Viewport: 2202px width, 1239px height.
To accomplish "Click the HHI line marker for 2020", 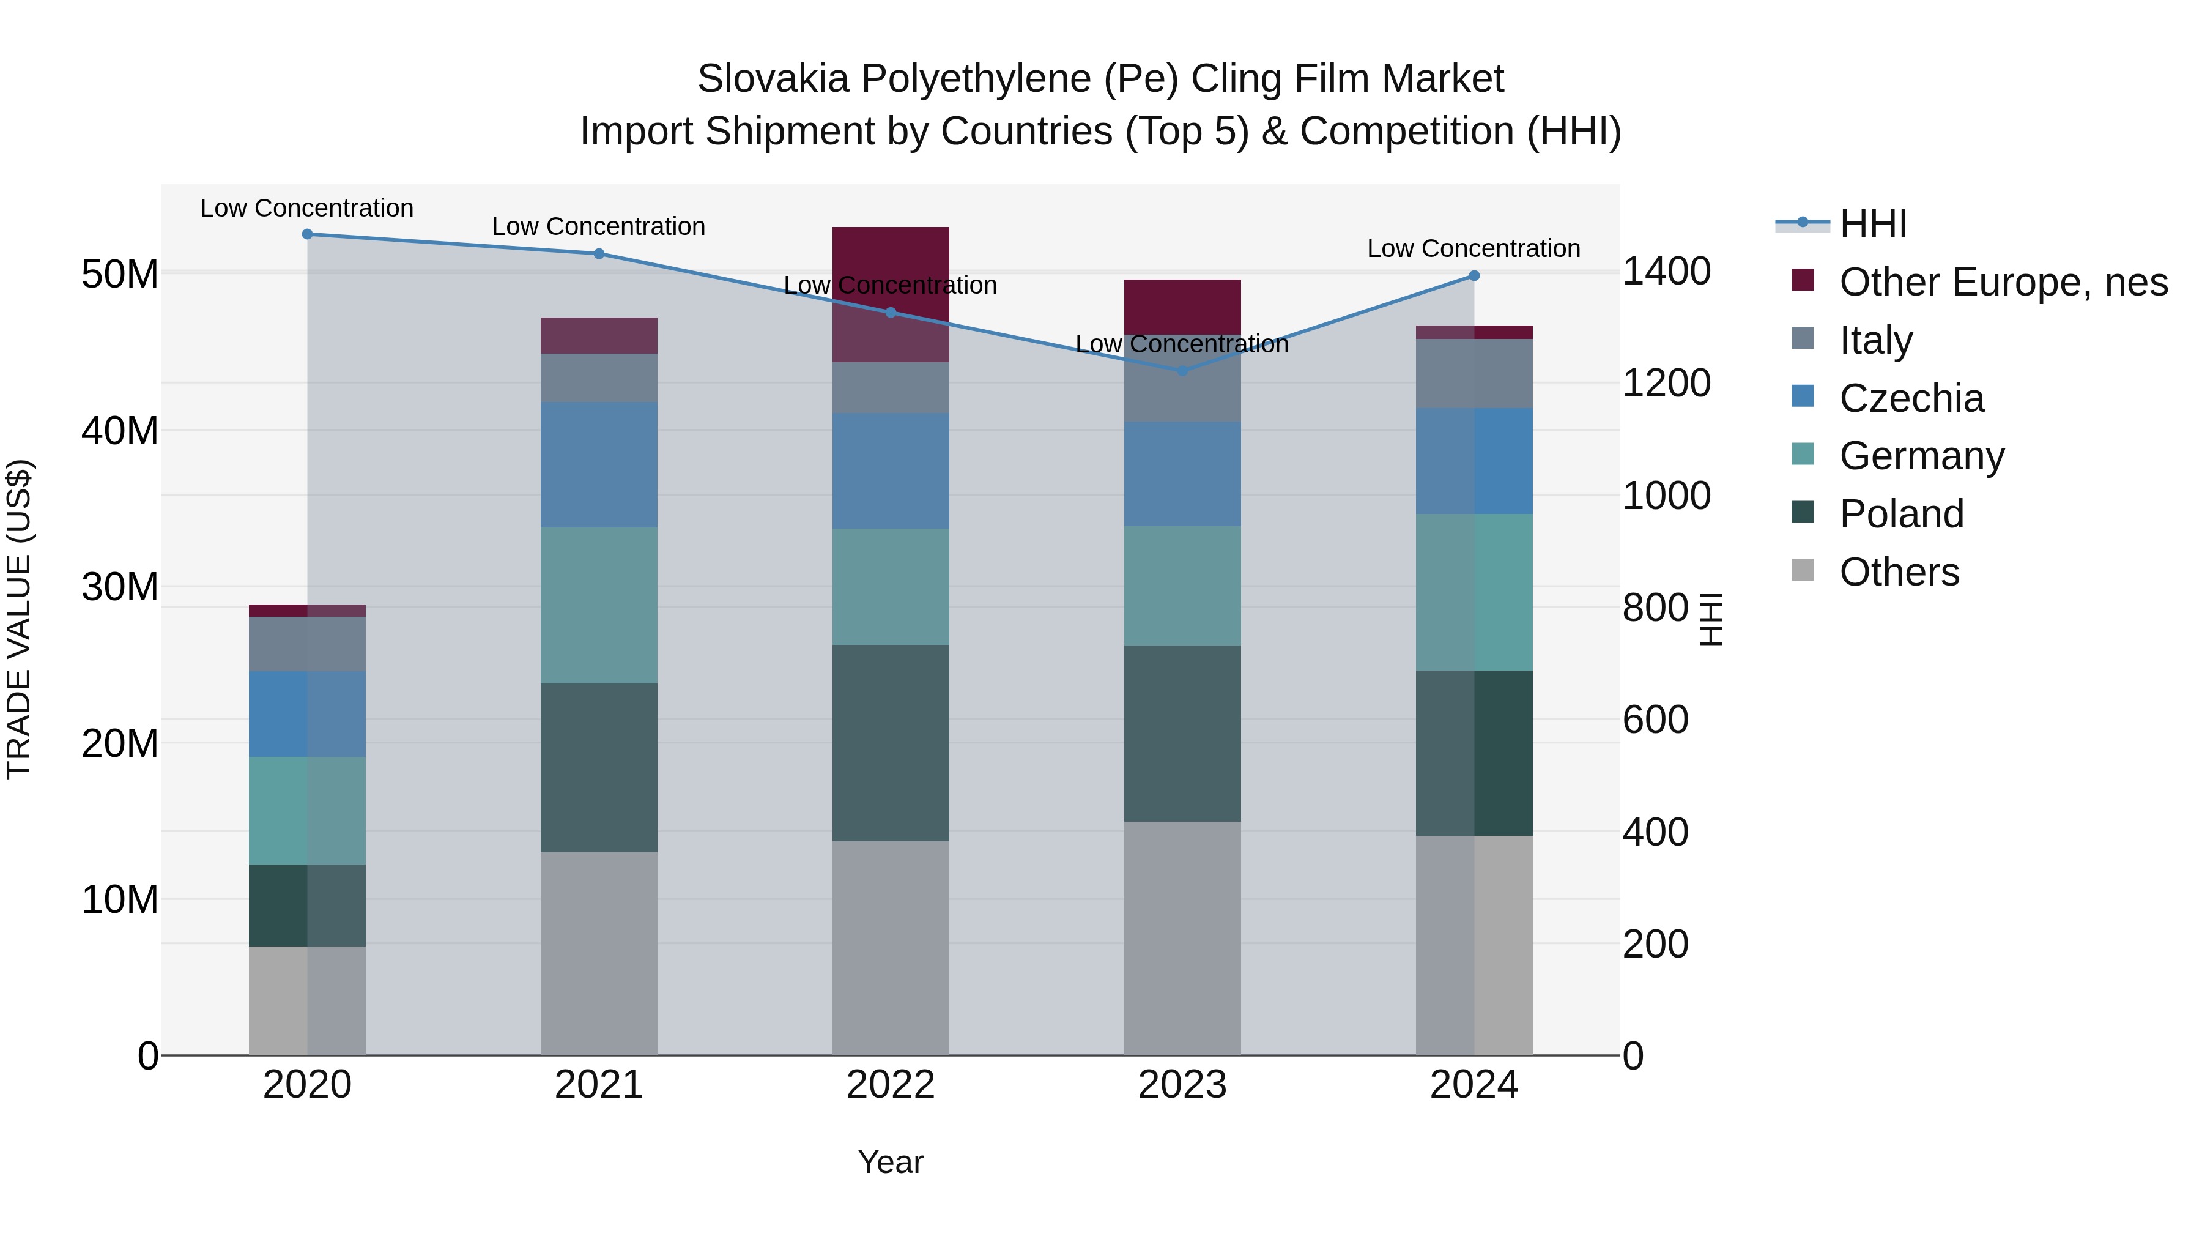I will point(307,234).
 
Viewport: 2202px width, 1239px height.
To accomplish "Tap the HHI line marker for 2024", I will point(1474,275).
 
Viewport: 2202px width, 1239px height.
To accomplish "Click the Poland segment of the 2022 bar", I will point(890,742).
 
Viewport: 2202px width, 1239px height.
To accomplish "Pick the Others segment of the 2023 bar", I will point(1182,938).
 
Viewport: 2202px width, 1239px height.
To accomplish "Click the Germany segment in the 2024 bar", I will point(1474,592).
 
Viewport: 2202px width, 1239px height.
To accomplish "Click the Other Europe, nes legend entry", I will point(2003,282).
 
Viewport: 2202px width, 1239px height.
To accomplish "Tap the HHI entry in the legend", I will point(1873,224).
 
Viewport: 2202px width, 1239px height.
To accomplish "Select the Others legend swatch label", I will point(1899,572).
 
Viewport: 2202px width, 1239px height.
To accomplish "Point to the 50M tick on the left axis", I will point(120,275).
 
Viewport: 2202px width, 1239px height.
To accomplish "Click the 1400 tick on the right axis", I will point(1666,272).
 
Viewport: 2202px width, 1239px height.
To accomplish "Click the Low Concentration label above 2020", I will point(307,208).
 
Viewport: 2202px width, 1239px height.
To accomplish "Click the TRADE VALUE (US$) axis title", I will point(19,619).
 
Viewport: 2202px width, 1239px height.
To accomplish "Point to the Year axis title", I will point(890,1162).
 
